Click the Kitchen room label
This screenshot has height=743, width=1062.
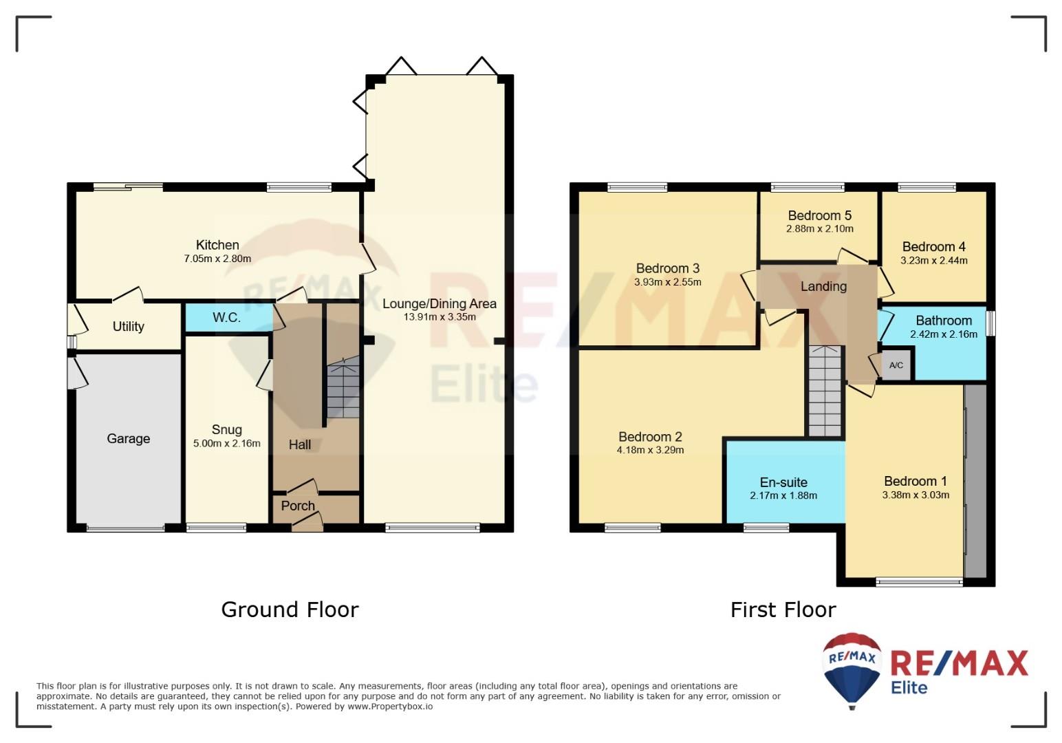217,245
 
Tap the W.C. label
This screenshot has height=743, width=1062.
226,317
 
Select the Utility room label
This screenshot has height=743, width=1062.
128,326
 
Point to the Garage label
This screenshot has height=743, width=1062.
128,439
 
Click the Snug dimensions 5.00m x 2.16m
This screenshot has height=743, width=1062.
226,443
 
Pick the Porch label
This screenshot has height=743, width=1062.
298,506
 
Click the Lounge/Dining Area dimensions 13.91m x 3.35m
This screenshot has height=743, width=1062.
440,316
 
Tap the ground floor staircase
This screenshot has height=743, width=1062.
343,388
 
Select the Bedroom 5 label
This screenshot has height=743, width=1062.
820,215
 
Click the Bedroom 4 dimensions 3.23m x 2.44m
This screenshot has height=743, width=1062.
934,260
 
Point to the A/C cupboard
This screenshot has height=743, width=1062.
896,365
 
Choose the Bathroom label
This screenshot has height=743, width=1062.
944,321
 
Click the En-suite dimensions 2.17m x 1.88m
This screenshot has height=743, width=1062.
783,495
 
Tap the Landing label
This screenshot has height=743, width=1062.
823,286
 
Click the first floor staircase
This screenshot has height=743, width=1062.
825,391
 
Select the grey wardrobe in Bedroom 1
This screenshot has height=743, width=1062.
976,481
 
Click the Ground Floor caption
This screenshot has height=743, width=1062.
290,610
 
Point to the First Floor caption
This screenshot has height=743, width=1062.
783,610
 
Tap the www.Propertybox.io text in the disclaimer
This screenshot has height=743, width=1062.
390,707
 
